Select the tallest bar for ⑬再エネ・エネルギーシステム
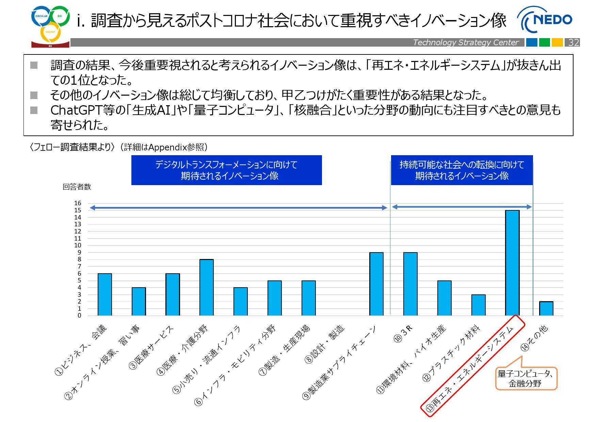coord(512,263)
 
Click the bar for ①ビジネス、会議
coord(105,294)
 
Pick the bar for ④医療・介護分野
coord(207,288)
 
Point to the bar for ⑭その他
coord(546,309)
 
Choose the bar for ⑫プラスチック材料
coord(478,305)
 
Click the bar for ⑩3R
coord(410,284)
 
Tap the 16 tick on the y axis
coord(78,203)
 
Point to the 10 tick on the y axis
coord(78,245)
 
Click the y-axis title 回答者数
coord(77,187)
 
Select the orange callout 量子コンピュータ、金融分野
coord(526,378)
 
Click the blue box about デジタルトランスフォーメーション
coord(226,170)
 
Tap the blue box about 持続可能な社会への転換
coord(462,170)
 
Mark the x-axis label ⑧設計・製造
coord(325,344)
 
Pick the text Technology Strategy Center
coord(466,43)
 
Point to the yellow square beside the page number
coord(557,43)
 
